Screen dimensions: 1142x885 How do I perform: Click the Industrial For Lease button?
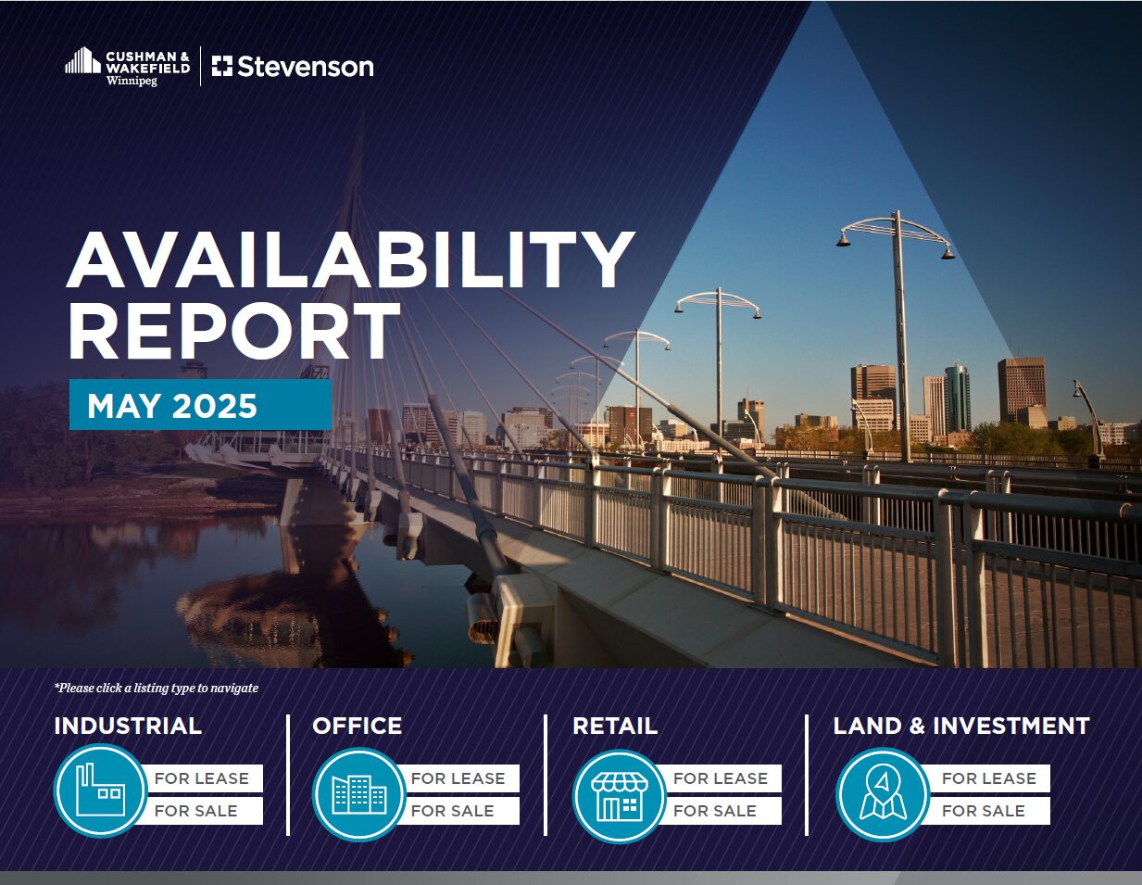tap(202, 778)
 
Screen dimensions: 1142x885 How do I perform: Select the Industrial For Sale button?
tap(202, 811)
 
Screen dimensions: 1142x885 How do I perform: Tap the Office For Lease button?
tap(458, 778)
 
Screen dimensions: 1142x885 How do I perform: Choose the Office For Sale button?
tap(458, 811)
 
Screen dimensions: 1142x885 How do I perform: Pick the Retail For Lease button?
tap(721, 778)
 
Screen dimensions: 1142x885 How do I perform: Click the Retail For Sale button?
tap(721, 811)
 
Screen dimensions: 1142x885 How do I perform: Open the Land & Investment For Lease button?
tap(989, 778)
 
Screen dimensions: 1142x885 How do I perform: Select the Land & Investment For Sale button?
tap(989, 811)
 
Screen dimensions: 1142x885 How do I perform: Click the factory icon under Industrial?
tap(100, 790)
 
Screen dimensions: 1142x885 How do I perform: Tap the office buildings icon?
tap(359, 794)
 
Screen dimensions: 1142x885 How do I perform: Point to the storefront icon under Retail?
tap(619, 796)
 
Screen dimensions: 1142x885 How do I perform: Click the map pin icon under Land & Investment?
tap(883, 794)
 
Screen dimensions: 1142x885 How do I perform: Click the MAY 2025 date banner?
tap(200, 404)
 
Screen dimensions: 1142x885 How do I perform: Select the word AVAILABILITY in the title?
tap(350, 259)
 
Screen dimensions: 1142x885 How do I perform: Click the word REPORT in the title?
tap(234, 331)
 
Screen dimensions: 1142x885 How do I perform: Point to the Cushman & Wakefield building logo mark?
tap(82, 60)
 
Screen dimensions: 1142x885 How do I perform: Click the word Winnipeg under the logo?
tap(132, 81)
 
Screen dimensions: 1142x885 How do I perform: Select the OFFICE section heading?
tap(358, 726)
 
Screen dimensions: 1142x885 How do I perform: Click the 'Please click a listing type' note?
tap(157, 688)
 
